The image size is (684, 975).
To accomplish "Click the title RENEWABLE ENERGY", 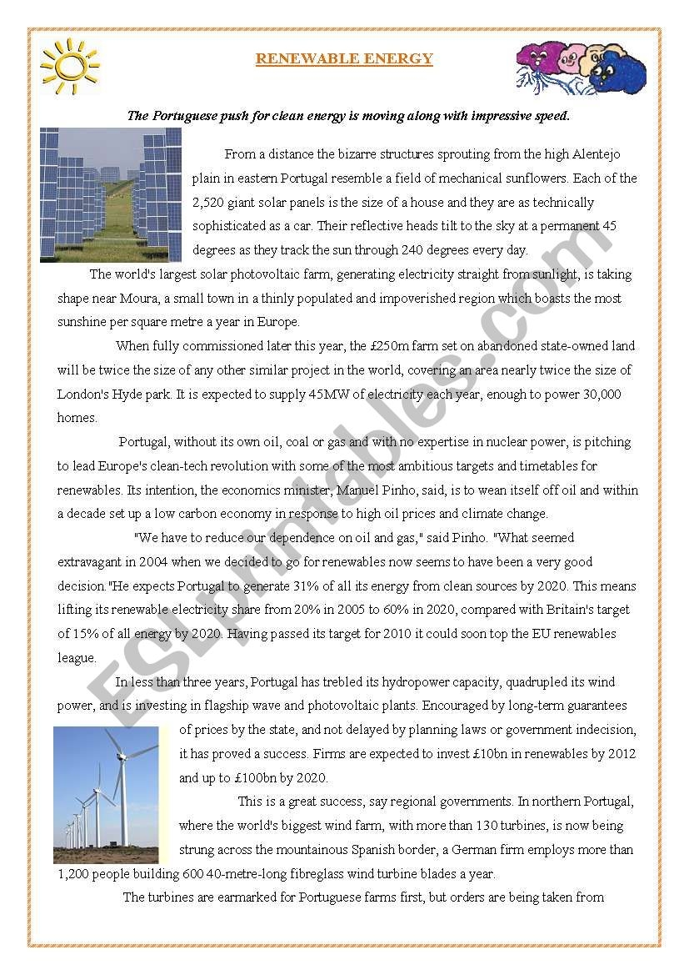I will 344,58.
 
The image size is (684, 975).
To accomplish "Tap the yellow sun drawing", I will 69,65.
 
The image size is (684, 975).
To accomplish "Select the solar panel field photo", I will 111,194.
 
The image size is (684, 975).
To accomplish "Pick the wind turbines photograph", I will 106,794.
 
